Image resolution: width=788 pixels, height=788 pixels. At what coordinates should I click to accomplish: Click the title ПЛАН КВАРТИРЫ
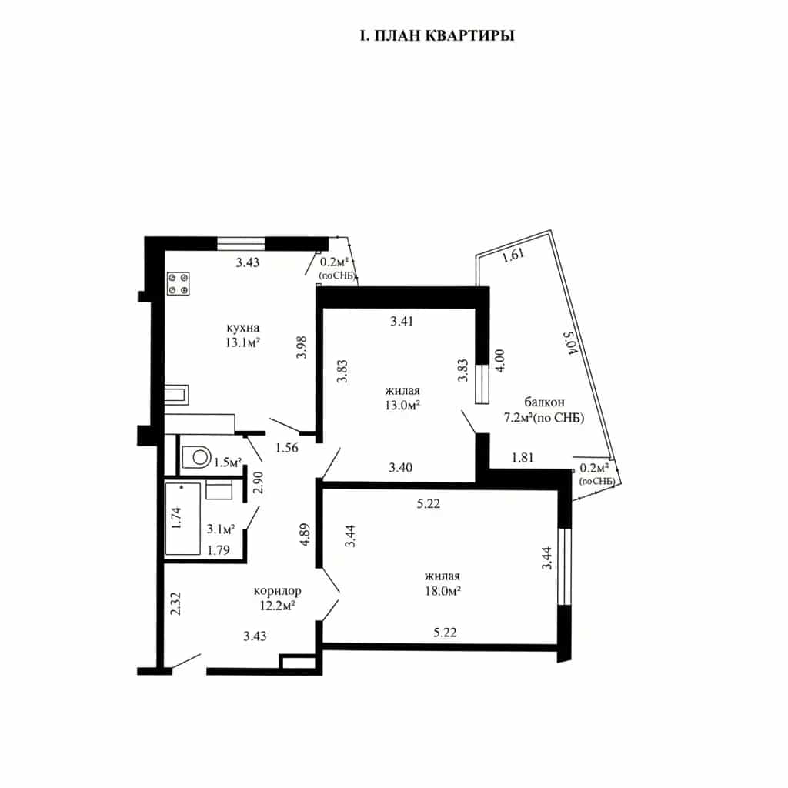(x=445, y=36)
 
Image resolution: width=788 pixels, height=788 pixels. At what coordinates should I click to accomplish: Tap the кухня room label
(x=242, y=328)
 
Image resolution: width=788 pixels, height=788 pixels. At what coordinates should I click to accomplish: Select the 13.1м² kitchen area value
(x=242, y=342)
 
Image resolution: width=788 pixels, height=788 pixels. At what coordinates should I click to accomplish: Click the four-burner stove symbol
(x=179, y=283)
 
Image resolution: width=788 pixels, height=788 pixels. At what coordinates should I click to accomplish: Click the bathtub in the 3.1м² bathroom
(x=183, y=519)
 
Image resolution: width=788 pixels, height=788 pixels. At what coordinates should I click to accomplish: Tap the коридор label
(x=277, y=591)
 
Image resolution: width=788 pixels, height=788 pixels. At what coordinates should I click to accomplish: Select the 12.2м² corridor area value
(x=277, y=606)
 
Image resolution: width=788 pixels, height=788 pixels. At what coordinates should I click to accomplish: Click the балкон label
(x=544, y=402)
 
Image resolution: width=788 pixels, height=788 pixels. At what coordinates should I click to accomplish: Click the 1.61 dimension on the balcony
(x=513, y=255)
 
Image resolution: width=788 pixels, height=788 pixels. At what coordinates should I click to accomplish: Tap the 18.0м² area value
(x=442, y=591)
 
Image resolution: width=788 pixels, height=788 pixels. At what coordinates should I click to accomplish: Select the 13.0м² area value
(x=402, y=405)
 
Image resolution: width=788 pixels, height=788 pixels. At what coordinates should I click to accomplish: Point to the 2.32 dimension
(x=175, y=603)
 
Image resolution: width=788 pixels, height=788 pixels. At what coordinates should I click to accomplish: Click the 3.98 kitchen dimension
(x=302, y=347)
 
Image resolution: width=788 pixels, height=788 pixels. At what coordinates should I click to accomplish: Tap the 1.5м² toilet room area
(x=228, y=462)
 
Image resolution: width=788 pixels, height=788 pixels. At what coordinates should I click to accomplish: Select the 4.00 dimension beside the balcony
(x=500, y=360)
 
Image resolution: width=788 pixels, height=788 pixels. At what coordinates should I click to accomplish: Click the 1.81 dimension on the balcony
(x=523, y=457)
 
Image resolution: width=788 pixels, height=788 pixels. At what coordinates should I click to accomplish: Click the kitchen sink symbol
(x=176, y=395)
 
